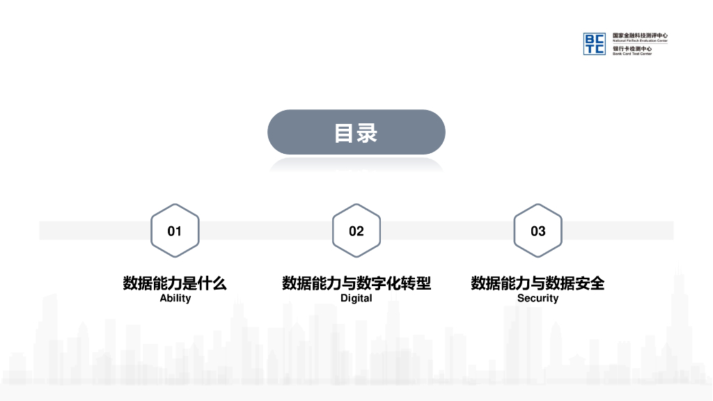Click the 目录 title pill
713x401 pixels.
click(x=356, y=132)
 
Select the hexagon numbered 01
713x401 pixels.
click(x=175, y=230)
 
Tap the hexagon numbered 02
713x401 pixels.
click(x=356, y=230)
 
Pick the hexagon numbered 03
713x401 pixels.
click(x=538, y=230)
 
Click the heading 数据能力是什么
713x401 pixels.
click(x=175, y=283)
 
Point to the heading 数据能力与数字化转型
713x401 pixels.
click(x=356, y=283)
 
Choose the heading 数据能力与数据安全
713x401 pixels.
click(x=538, y=283)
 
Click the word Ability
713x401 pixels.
click(x=175, y=298)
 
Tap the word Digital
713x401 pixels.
click(x=356, y=298)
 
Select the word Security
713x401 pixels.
click(x=538, y=298)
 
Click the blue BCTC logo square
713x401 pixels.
click(x=595, y=44)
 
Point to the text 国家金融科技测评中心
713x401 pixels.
click(x=640, y=36)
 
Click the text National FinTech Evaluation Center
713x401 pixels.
click(x=640, y=41)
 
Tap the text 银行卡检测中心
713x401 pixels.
click(x=632, y=49)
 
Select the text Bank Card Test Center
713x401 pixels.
click(x=632, y=54)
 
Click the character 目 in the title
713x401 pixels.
click(x=345, y=132)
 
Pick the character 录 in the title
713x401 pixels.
click(x=368, y=132)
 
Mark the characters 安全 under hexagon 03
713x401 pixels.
click(x=588, y=283)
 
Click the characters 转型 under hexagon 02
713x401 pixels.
click(x=414, y=283)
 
